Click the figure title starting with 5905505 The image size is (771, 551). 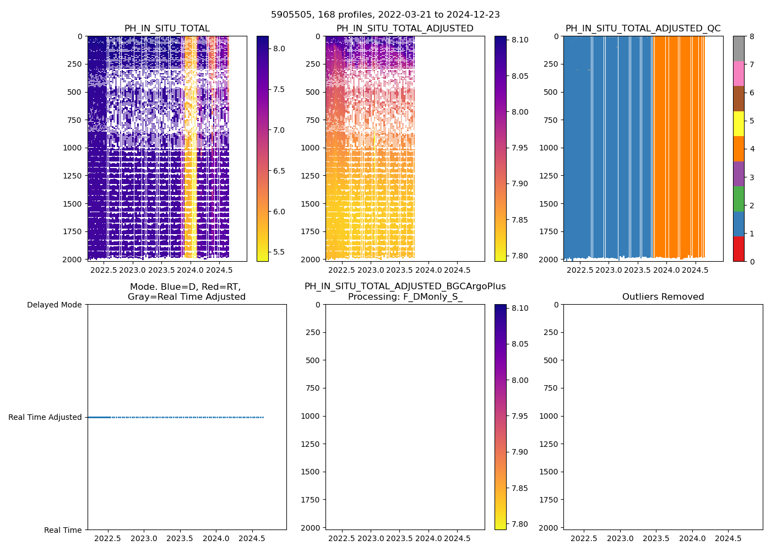[385, 15]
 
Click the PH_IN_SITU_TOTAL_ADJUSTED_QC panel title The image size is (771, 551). [643, 29]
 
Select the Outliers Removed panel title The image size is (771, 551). [663, 297]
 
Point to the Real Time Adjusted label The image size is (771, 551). [45, 417]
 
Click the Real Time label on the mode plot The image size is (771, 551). [63, 530]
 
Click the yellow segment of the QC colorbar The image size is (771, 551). [739, 124]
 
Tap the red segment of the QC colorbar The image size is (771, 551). [739, 249]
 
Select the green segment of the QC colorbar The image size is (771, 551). [739, 198]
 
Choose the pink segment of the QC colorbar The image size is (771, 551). [739, 73]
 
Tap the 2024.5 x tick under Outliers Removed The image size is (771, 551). [728, 538]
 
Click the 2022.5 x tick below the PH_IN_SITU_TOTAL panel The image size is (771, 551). [104, 270]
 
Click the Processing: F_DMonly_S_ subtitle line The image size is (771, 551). [405, 297]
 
